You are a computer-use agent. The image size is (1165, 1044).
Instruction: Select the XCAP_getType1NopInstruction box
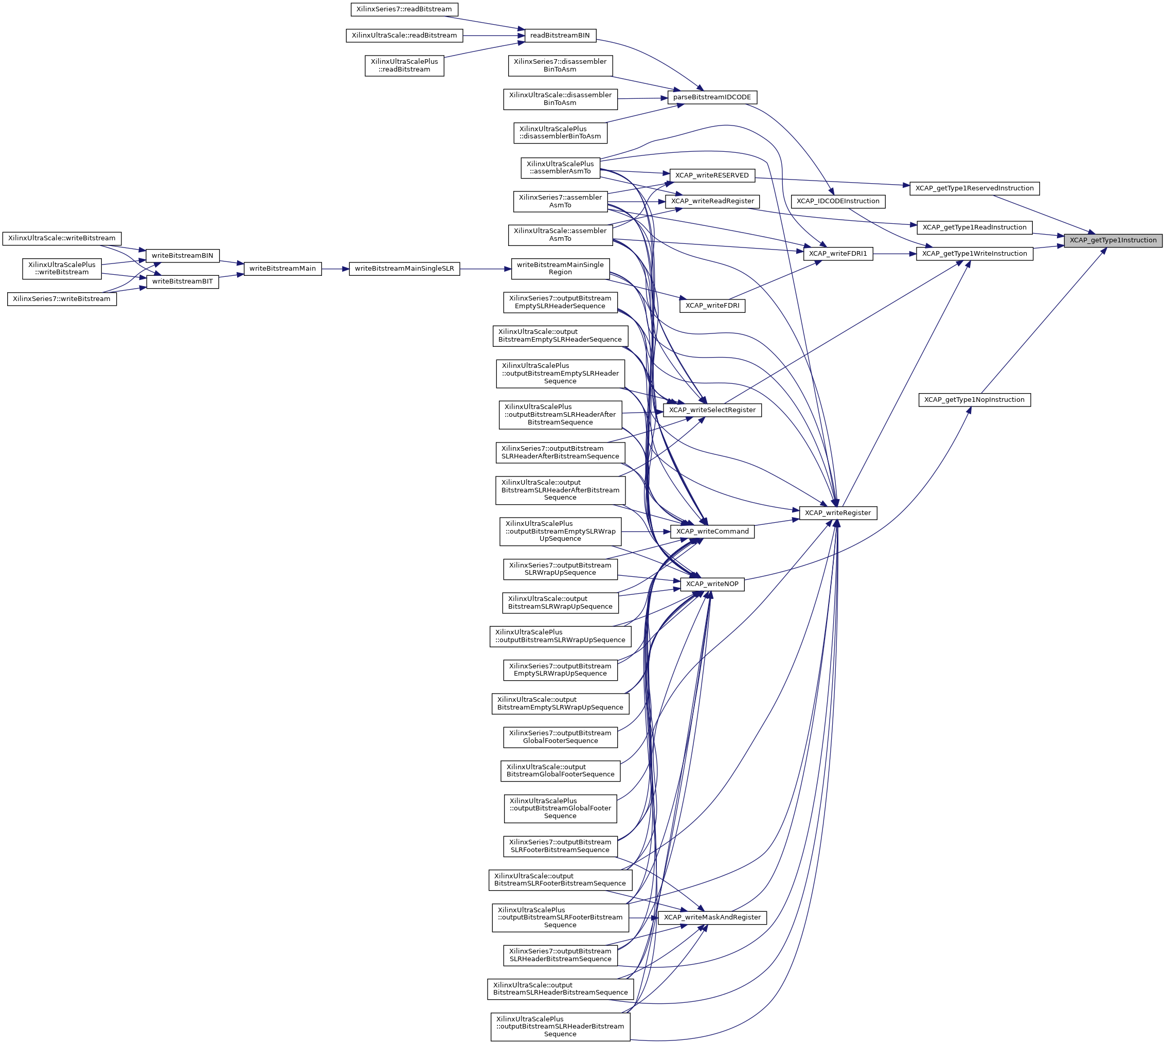pyautogui.click(x=974, y=400)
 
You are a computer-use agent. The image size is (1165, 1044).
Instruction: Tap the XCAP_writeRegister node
pyautogui.click(x=838, y=513)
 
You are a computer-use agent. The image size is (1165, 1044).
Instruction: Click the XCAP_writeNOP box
pyautogui.click(x=712, y=584)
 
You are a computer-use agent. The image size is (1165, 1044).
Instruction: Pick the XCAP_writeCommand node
pyautogui.click(x=712, y=531)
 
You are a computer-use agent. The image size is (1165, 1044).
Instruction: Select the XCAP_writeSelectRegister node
pyautogui.click(x=712, y=410)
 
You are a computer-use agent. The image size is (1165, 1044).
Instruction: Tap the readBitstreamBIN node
pyautogui.click(x=560, y=36)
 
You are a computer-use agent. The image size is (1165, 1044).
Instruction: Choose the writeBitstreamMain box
pyautogui.click(x=283, y=269)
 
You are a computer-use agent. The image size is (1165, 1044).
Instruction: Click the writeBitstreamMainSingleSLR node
pyautogui.click(x=404, y=269)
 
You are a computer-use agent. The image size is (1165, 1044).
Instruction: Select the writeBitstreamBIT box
pyautogui.click(x=182, y=281)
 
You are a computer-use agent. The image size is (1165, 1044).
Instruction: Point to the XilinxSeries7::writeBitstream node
pyautogui.click(x=62, y=299)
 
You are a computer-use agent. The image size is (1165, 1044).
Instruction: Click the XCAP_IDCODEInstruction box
pyautogui.click(x=838, y=201)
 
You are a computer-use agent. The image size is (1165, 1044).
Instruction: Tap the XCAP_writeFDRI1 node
pyautogui.click(x=838, y=254)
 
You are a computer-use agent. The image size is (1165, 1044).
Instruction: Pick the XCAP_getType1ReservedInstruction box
pyautogui.click(x=974, y=188)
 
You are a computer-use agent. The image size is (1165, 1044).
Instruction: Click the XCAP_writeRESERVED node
pyautogui.click(x=712, y=175)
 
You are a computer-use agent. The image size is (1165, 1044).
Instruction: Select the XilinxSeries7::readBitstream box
pyautogui.click(x=404, y=9)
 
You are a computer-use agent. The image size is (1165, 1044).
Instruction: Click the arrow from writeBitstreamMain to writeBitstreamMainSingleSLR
pyautogui.click(x=335, y=269)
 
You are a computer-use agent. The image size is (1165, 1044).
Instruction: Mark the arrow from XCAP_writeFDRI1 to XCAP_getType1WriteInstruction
pyautogui.click(x=894, y=254)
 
